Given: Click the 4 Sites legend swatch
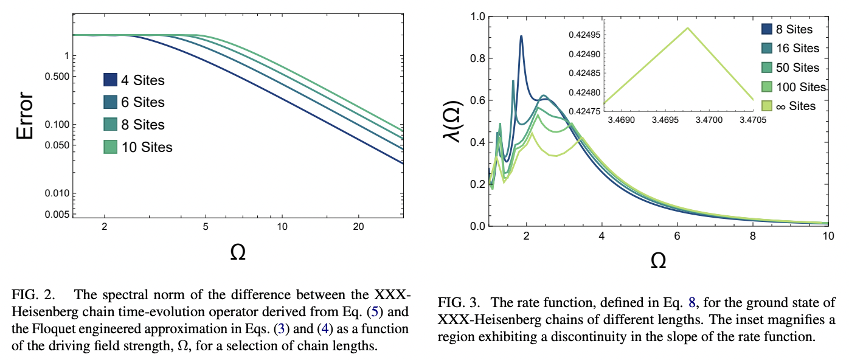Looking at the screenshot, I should pyautogui.click(x=109, y=80).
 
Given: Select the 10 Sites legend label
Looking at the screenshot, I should pyautogui.click(x=147, y=147).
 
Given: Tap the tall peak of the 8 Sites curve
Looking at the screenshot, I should pyautogui.click(x=521, y=36).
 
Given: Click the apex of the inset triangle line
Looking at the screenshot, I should pyautogui.click(x=688, y=28).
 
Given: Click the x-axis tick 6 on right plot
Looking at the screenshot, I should pyautogui.click(x=677, y=236).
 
